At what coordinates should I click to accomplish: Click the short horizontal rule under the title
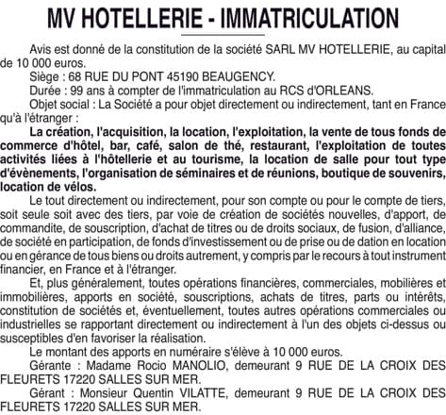click(x=223, y=35)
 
